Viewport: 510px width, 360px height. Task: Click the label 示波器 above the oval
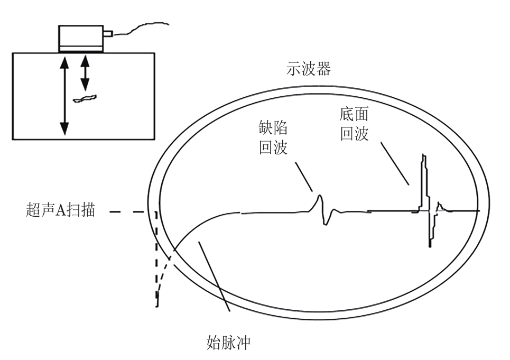pos(309,69)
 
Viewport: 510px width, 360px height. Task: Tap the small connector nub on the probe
pos(108,35)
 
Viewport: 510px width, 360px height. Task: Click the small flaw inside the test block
pos(85,98)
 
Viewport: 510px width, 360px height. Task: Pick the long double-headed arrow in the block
pos(64,95)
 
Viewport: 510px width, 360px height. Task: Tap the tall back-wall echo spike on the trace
pos(423,180)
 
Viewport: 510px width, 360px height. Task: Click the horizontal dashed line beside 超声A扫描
pos(129,211)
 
